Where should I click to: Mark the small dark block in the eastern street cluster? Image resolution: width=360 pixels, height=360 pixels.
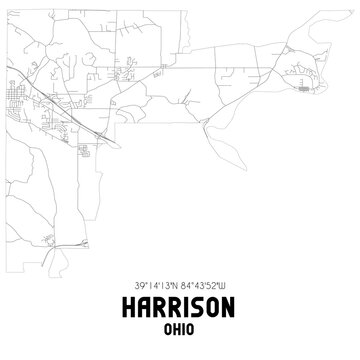coord(303,88)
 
